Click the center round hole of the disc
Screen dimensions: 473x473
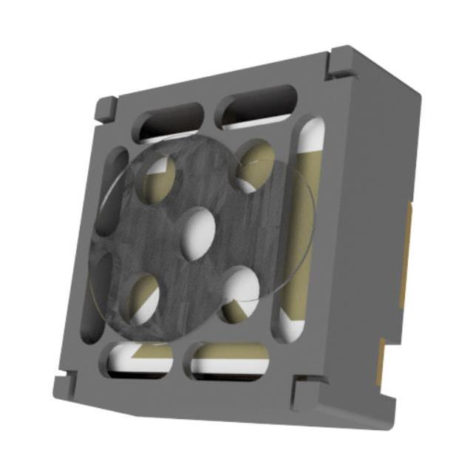198,234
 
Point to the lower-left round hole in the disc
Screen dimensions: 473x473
144,300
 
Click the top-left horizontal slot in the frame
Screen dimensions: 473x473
171,120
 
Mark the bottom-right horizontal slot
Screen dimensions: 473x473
229,361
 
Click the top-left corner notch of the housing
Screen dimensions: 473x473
105,109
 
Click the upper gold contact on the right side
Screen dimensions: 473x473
406,255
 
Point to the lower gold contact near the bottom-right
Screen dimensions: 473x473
380,362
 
